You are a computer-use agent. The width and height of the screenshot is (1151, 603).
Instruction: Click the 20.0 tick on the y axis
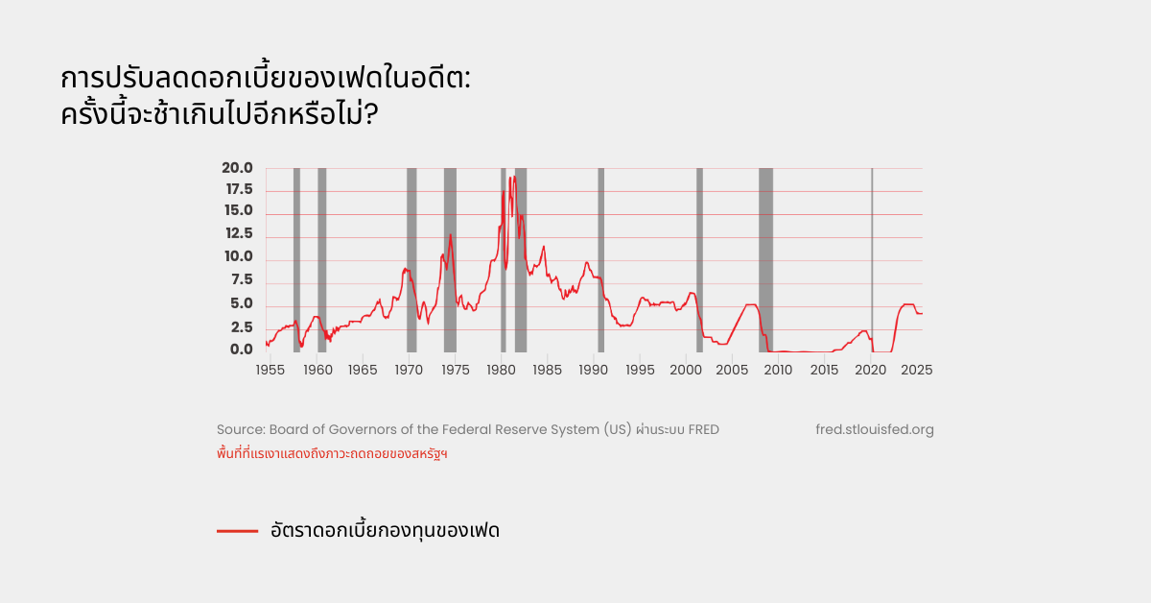coord(237,168)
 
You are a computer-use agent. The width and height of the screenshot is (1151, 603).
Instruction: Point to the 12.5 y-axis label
coord(237,233)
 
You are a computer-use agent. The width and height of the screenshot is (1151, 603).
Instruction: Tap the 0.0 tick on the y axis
coord(240,350)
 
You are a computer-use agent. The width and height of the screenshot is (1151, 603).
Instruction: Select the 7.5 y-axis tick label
coord(240,280)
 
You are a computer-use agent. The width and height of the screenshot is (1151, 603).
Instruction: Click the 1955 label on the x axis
coord(270,370)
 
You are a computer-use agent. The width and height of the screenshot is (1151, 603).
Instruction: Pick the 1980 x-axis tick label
coord(501,370)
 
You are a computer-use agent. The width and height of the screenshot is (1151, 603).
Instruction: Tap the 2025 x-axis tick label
coord(916,370)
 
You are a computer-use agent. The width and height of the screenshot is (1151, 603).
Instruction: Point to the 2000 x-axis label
coord(686,370)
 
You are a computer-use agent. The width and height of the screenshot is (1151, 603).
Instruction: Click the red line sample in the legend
coord(237,530)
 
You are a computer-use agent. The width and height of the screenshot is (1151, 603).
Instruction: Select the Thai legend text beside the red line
coord(385,530)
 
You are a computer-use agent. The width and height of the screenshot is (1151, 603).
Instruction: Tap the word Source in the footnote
coord(240,429)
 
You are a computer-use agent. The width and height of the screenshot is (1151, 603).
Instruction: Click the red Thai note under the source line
coord(333,453)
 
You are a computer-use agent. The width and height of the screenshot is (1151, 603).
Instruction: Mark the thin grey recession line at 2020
coord(872,259)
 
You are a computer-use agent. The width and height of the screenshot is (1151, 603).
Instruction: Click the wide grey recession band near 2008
coord(765,259)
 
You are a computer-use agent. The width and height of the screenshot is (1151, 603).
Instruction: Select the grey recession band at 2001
coord(699,259)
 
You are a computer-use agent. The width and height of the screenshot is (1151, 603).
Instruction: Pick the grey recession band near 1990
coord(600,259)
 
